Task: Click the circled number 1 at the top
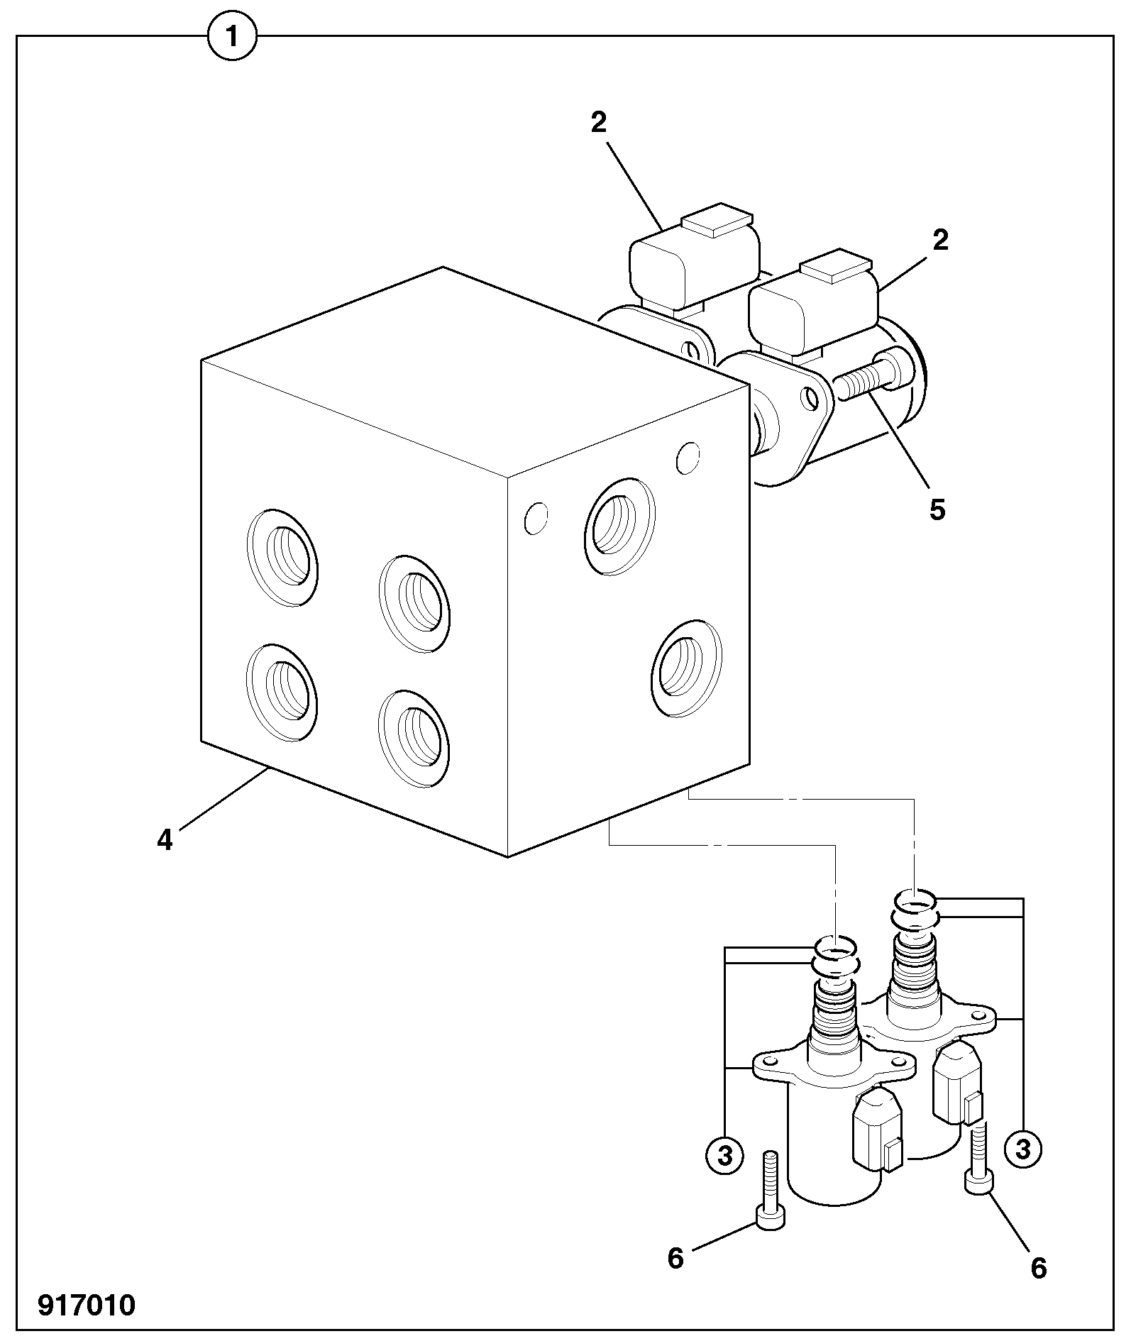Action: pos(231,35)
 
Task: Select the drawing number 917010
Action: pos(87,1305)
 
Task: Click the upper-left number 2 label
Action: pos(599,123)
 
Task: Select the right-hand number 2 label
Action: pos(940,241)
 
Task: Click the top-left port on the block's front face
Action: pos(282,558)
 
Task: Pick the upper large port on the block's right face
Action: pos(619,525)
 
